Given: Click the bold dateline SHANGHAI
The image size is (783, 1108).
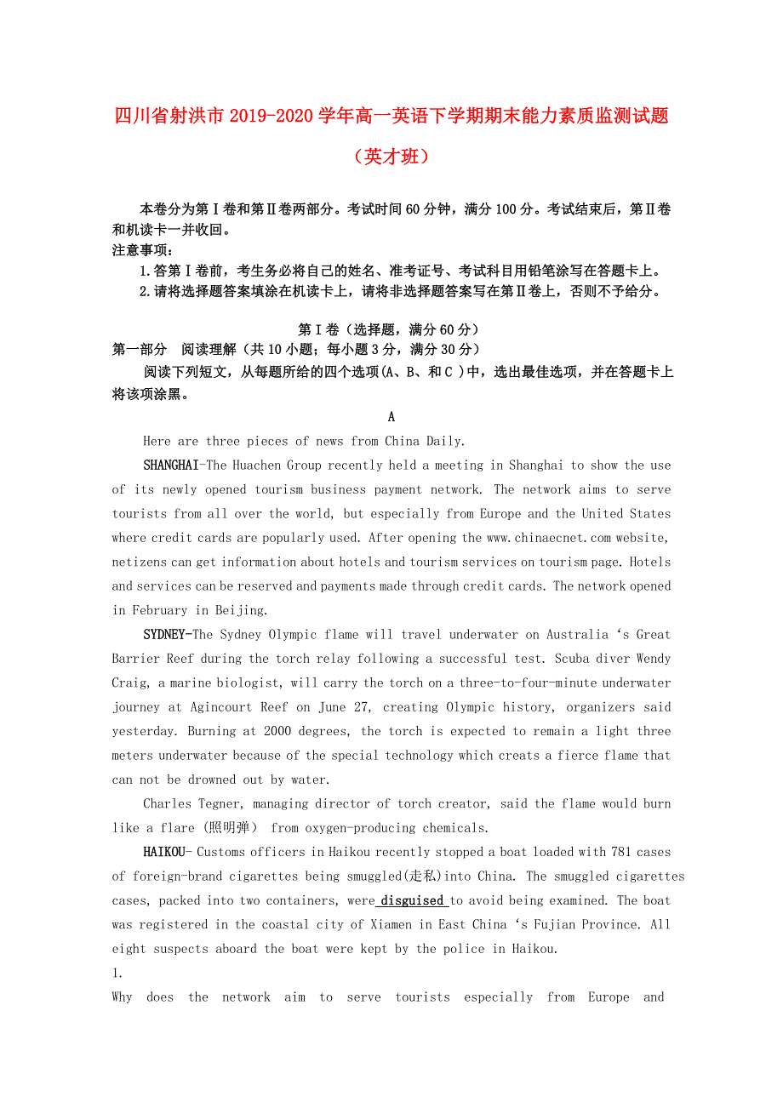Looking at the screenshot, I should pyautogui.click(x=170, y=465).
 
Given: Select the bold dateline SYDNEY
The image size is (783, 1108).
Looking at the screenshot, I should pyautogui.click(x=164, y=635).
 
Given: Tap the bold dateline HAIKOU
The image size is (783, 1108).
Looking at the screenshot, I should pyautogui.click(x=163, y=852).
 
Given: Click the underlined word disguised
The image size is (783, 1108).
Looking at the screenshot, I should pyautogui.click(x=412, y=900).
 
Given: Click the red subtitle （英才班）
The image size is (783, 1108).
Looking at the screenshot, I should pyautogui.click(x=391, y=157).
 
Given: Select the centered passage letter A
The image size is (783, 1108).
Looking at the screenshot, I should pyautogui.click(x=391, y=417).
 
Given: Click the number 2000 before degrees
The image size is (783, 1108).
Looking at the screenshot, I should pyautogui.click(x=277, y=731).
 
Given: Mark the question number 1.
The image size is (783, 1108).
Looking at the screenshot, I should pyautogui.click(x=117, y=973).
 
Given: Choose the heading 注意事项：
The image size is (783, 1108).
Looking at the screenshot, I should pyautogui.click(x=142, y=250).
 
